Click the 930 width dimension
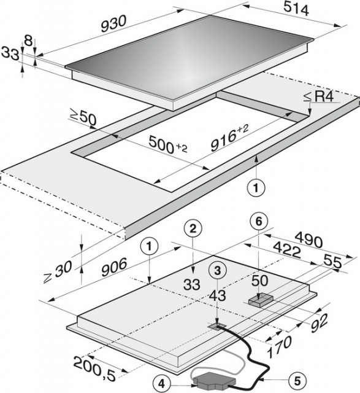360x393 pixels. (x=113, y=24)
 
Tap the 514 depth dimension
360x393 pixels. (x=296, y=9)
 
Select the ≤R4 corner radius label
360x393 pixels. (x=319, y=97)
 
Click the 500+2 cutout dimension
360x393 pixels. (x=167, y=144)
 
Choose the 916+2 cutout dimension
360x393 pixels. (x=229, y=139)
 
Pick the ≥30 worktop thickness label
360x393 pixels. (x=58, y=271)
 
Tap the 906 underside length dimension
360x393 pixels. (x=115, y=267)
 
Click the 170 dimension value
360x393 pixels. (x=279, y=346)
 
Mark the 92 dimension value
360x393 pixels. (x=320, y=323)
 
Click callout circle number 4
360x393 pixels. (x=162, y=384)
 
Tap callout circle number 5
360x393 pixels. (x=297, y=381)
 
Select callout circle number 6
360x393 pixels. (x=259, y=221)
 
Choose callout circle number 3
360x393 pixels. (x=217, y=270)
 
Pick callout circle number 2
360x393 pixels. (x=193, y=229)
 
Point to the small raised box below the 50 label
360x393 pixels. (x=261, y=300)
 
